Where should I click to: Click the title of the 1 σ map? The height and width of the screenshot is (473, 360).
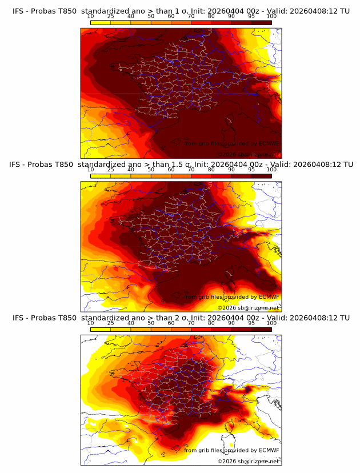(181, 11)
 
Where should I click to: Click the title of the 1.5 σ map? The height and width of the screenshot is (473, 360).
(181, 164)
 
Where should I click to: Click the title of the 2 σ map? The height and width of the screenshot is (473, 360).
(181, 318)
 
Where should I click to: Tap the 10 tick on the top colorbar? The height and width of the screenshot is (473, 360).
(91, 17)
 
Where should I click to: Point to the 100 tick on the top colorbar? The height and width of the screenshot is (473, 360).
(271, 17)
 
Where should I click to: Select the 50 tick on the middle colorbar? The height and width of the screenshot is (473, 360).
(151, 170)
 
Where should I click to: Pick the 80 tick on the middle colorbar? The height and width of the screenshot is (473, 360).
(211, 170)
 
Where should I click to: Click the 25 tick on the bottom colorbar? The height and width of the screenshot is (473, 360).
(111, 323)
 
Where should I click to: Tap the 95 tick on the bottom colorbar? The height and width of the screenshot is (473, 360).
(251, 323)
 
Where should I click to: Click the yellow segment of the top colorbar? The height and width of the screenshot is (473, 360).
(101, 22)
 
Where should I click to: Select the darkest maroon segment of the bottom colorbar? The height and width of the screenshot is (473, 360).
(262, 329)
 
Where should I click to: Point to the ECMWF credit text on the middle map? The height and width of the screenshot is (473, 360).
(231, 296)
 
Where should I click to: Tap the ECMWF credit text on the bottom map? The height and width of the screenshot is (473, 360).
(231, 450)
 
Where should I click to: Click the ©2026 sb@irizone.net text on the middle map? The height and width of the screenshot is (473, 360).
(248, 307)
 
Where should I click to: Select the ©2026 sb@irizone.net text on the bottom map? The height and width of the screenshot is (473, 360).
(248, 461)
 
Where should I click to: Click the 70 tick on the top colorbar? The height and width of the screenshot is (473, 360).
(191, 17)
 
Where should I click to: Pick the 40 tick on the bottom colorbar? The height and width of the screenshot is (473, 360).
(131, 323)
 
